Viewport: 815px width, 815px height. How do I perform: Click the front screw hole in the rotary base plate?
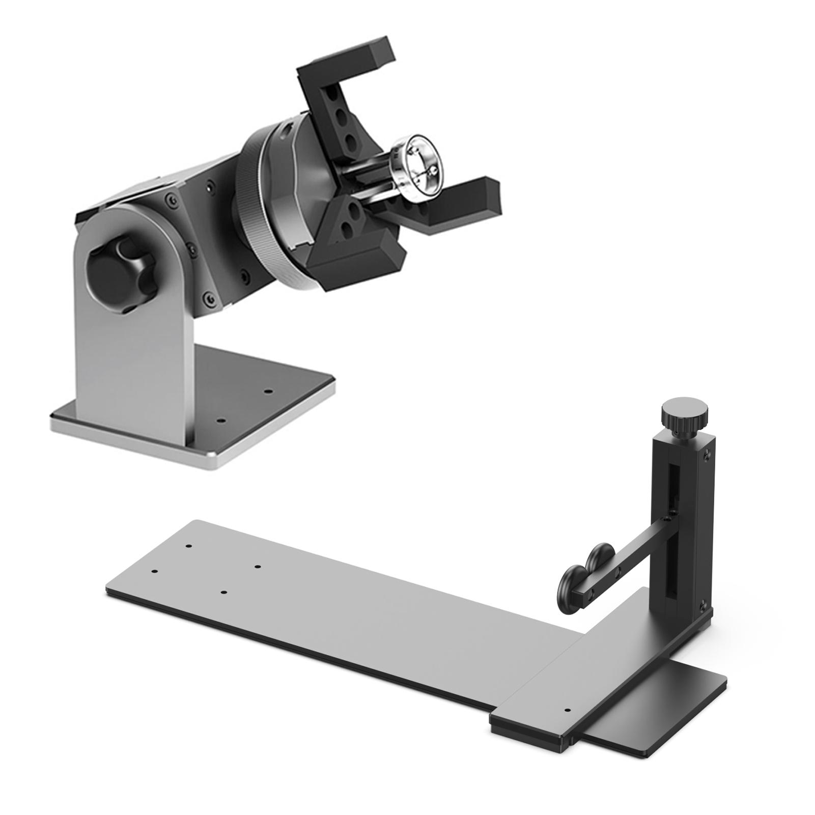coord(220,421)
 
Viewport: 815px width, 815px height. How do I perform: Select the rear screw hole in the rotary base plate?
coord(269,391)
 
